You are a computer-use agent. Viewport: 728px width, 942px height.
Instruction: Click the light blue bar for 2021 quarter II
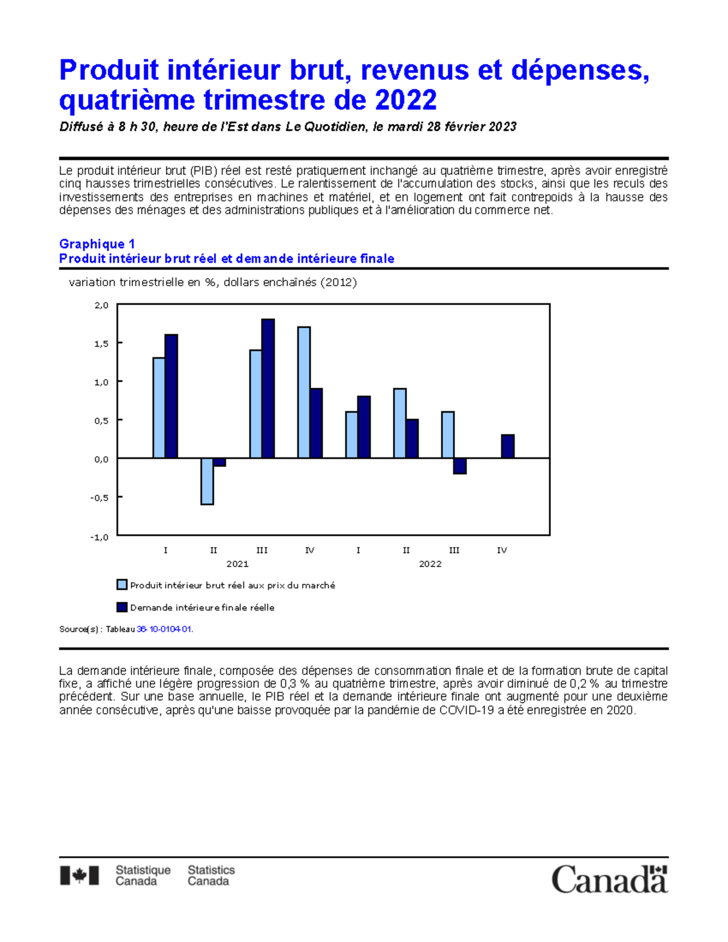(x=207, y=481)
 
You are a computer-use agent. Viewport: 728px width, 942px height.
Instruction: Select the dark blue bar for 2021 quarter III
(x=268, y=388)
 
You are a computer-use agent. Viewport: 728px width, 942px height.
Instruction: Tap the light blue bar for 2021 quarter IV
(x=304, y=392)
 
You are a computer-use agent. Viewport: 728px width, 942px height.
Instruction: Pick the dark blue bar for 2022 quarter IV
(x=508, y=446)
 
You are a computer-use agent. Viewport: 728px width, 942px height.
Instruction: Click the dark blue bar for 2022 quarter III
(x=460, y=466)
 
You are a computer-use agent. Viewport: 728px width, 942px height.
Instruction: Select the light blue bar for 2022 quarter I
(x=351, y=435)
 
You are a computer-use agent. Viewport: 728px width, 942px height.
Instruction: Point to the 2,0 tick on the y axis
(x=101, y=305)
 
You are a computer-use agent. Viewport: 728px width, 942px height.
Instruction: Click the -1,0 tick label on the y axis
(x=99, y=537)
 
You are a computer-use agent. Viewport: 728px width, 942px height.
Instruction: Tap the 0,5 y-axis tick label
(x=101, y=421)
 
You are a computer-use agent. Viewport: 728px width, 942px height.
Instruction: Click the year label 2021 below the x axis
(x=237, y=564)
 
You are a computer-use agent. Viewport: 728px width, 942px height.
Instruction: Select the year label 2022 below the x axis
(x=430, y=564)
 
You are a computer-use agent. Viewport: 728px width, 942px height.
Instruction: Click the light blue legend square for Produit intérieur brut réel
(x=122, y=585)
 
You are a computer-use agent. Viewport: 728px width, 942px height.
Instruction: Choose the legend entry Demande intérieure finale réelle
(x=202, y=608)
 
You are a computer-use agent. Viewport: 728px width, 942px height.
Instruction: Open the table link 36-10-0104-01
(x=164, y=630)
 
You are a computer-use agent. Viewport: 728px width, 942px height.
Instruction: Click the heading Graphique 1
(x=96, y=244)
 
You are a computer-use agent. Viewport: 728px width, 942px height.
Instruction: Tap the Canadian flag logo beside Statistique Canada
(x=79, y=876)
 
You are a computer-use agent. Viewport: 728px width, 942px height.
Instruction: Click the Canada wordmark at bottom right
(x=609, y=879)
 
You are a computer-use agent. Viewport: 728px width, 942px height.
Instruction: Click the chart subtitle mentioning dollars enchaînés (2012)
(x=213, y=282)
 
